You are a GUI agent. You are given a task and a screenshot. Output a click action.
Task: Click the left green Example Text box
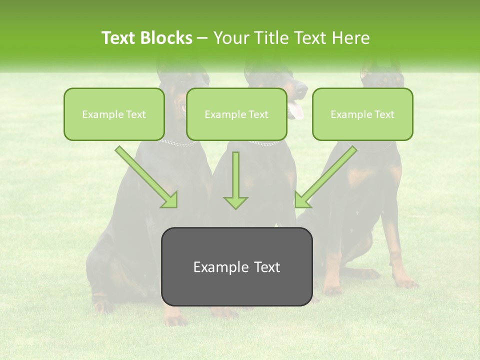[x=114, y=114]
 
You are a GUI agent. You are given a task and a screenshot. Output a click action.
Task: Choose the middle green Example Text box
[x=236, y=114]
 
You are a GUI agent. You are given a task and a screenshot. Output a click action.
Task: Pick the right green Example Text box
[x=362, y=114]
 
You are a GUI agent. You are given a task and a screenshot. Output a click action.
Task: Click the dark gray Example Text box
[x=236, y=267]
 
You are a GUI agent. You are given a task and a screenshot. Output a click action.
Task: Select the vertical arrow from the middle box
[x=235, y=180]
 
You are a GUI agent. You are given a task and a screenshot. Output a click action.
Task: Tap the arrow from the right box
[x=326, y=176]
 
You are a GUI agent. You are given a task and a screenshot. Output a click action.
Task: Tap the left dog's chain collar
[x=178, y=143]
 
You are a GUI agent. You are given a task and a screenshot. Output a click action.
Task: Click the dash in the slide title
[x=203, y=38]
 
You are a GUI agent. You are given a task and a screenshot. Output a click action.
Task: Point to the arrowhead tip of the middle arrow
[x=235, y=208]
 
